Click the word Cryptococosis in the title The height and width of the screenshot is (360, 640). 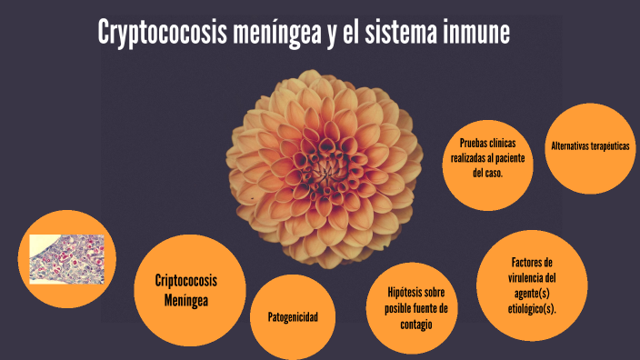pyautogui.click(x=162, y=33)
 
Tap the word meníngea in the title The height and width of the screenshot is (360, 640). pyautogui.click(x=277, y=32)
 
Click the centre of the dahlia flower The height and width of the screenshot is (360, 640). pyautogui.click(x=325, y=168)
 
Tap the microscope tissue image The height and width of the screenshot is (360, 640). pyautogui.click(x=67, y=259)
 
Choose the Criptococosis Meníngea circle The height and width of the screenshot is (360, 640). pyautogui.click(x=190, y=290)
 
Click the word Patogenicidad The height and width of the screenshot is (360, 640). pyautogui.click(x=293, y=317)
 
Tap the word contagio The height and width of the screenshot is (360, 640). pyautogui.click(x=416, y=325)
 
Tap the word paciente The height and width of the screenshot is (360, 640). pyautogui.click(x=510, y=158)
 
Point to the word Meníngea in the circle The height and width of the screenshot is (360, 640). pyautogui.click(x=186, y=300)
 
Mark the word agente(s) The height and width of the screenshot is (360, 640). pyautogui.click(x=532, y=294)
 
